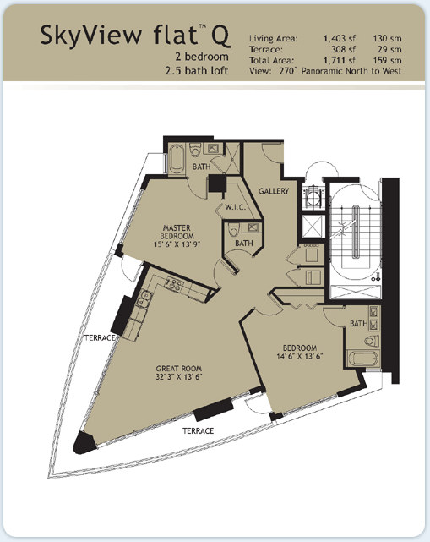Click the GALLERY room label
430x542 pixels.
(274, 191)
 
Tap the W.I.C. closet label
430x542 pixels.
(235, 207)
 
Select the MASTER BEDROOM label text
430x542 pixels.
(177, 232)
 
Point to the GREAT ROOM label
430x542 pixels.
(178, 369)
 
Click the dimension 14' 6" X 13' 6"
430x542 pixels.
(300, 356)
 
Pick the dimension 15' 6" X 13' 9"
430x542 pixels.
(177, 244)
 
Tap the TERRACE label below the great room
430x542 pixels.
(198, 430)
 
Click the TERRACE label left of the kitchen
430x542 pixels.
(100, 337)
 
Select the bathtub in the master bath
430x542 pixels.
(177, 159)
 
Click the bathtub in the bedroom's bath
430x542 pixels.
(363, 359)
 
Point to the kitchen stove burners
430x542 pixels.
(174, 284)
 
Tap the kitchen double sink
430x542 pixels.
(144, 299)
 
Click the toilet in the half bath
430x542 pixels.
(234, 229)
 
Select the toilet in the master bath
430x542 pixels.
(195, 150)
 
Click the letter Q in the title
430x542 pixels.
(220, 36)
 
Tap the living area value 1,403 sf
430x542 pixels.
(340, 38)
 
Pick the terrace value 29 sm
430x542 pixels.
(389, 49)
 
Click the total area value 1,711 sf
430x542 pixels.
(340, 61)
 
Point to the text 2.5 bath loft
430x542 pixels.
(197, 71)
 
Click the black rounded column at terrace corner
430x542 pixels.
(84, 443)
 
